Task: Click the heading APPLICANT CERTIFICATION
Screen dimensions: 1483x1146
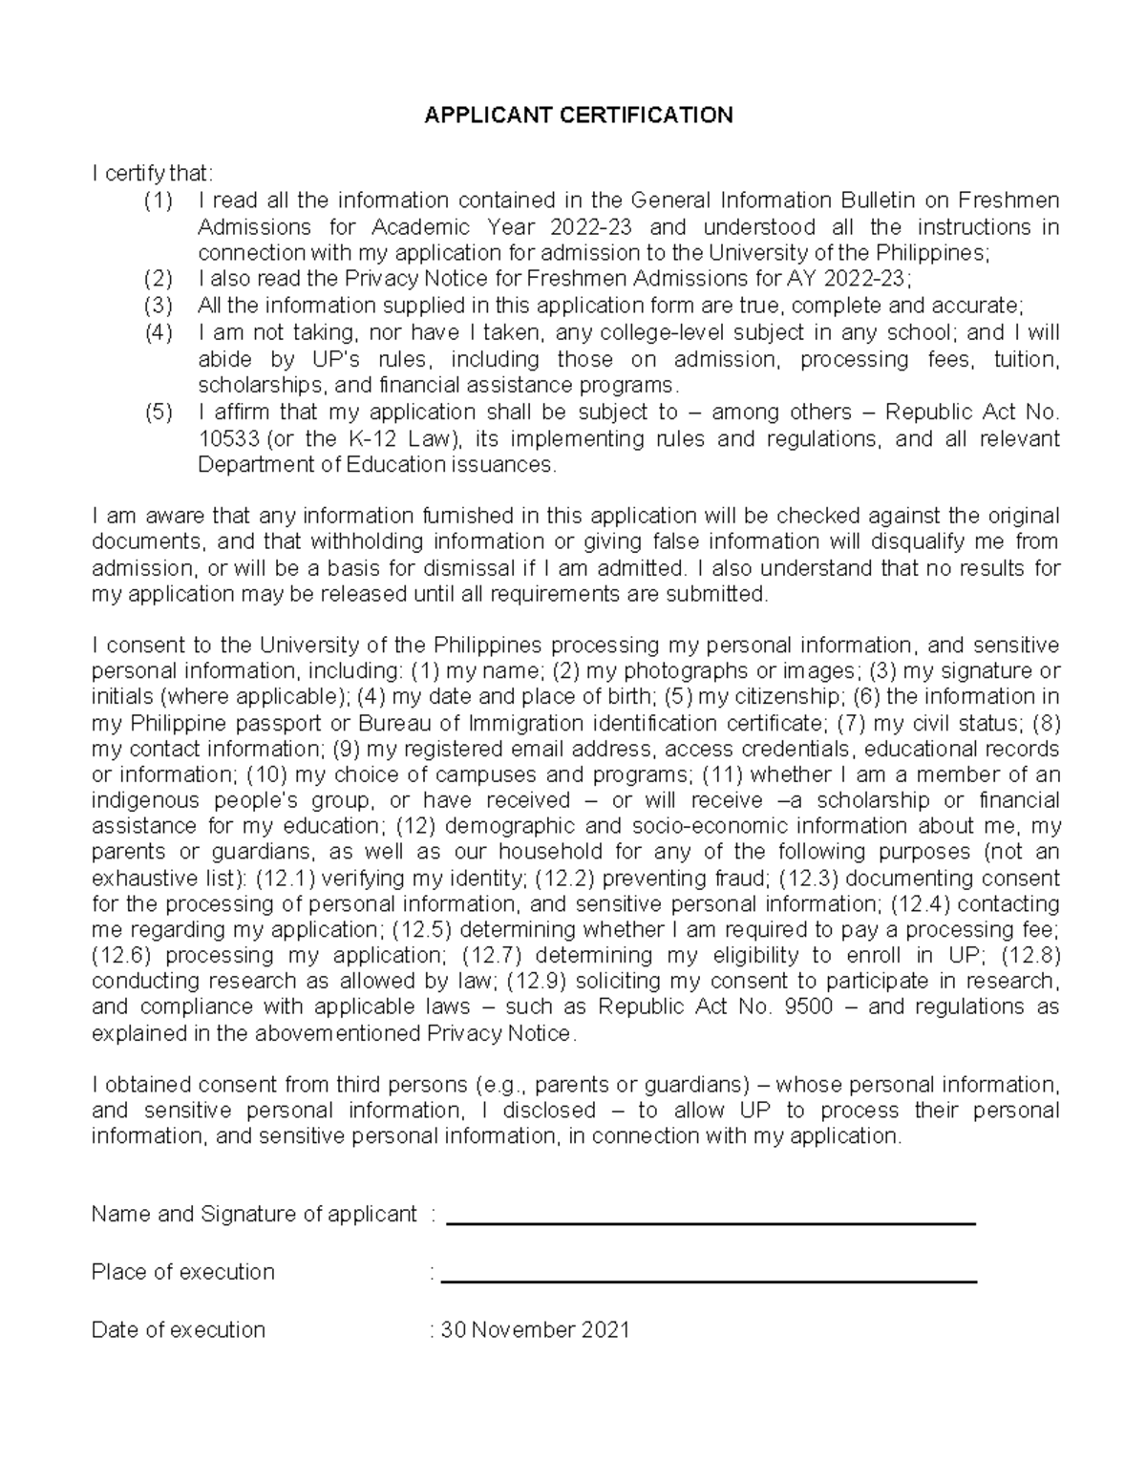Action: [579, 116]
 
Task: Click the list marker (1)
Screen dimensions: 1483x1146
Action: [158, 201]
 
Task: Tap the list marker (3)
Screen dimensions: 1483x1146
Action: [158, 307]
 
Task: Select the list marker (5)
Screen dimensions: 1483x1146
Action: [158, 413]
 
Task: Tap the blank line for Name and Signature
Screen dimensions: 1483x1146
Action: [711, 1222]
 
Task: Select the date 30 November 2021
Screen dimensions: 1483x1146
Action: [535, 1330]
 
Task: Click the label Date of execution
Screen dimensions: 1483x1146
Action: [179, 1330]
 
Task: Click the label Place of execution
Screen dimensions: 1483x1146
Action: [182, 1272]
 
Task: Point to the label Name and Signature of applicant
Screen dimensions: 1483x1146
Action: [254, 1214]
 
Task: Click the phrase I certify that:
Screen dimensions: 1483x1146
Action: [153, 174]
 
